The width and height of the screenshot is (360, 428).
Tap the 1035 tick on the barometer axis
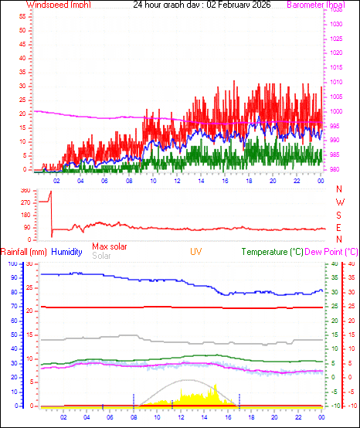pyautogui.click(x=335, y=11)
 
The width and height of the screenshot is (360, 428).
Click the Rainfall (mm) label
pyautogui.click(x=24, y=252)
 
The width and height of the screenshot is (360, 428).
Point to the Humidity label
pyautogui.click(x=67, y=252)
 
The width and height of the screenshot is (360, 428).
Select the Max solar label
pyautogui.click(x=110, y=246)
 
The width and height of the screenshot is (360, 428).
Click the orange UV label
pyautogui.click(x=197, y=252)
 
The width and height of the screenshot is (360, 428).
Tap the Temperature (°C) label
pyautogui.click(x=272, y=252)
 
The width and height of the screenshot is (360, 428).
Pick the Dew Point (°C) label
pyautogui.click(x=332, y=252)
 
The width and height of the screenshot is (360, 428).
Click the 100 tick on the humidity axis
pyautogui.click(x=12, y=264)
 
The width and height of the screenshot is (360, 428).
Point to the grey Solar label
pyautogui.click(x=101, y=255)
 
